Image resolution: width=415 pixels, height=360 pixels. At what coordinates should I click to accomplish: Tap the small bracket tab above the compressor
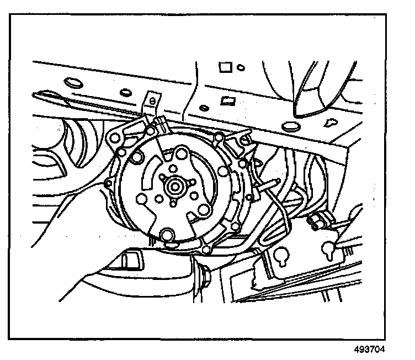click(150, 100)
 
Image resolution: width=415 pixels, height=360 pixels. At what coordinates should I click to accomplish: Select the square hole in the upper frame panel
click(225, 67)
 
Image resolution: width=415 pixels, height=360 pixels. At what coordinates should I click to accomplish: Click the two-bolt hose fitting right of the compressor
click(316, 221)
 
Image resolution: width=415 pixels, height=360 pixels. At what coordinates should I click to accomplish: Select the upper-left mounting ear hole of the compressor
click(116, 135)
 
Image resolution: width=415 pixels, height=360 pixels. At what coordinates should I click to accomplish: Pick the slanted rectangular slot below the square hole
click(226, 102)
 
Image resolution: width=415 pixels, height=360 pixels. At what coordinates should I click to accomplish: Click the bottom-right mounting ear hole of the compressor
click(206, 251)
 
